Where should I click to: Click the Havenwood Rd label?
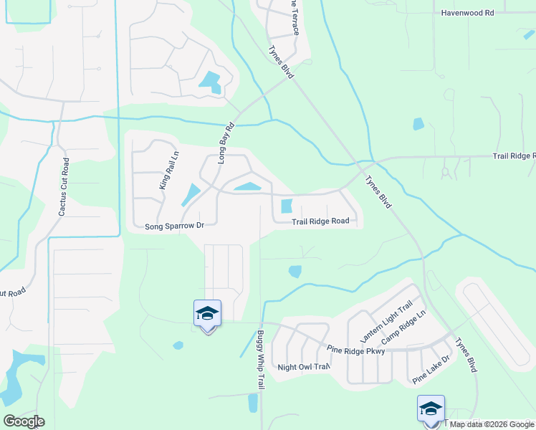468,13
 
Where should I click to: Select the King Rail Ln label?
166,173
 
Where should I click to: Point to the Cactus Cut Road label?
64,187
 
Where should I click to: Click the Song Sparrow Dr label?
175,226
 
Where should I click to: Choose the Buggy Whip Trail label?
254,360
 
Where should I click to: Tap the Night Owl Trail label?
304,367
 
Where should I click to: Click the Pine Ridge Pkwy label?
356,350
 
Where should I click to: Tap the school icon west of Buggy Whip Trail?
207,314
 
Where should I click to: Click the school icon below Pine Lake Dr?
431,409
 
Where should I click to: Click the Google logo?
24,421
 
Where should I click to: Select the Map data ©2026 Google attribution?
490,424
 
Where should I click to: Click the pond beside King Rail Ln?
191,193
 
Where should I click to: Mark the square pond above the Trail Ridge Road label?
287,206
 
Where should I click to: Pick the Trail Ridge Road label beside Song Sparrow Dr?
320,221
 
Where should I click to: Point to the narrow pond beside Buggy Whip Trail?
252,403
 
